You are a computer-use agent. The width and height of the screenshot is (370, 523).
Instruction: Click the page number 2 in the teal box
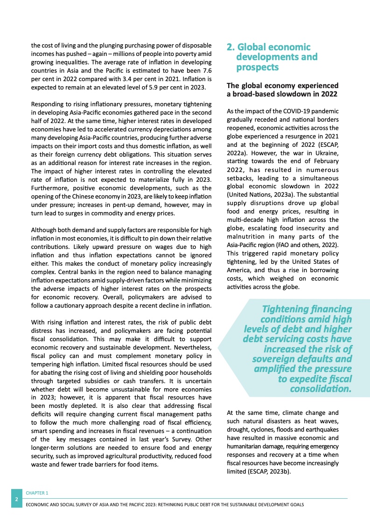coord(16,499)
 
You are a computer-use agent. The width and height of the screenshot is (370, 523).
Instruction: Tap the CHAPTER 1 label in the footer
coord(37,492)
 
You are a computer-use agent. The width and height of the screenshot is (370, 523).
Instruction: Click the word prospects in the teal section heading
coord(257,67)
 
